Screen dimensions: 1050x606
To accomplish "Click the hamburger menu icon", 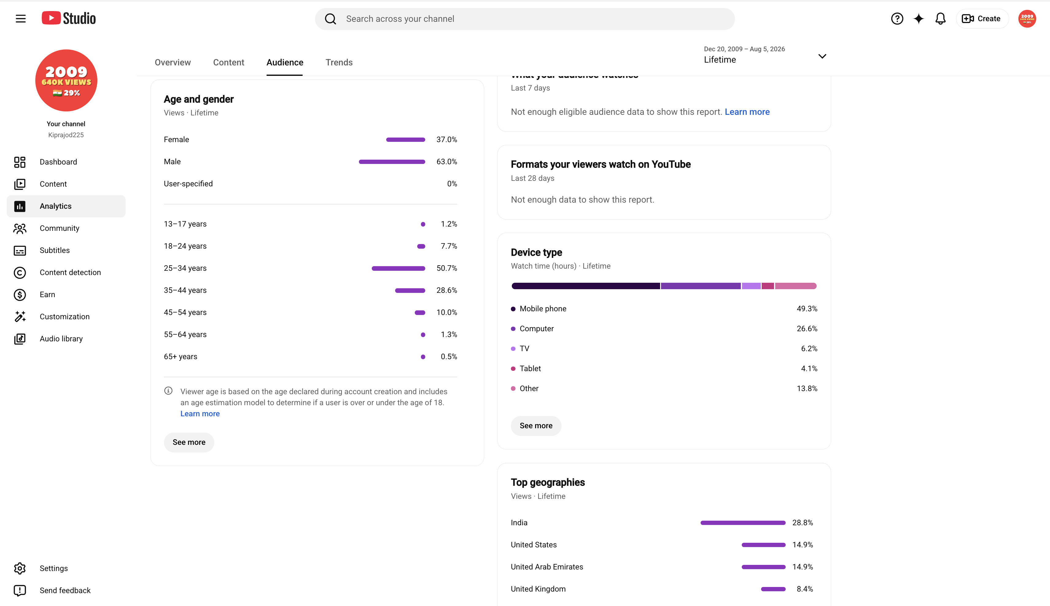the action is (20, 19).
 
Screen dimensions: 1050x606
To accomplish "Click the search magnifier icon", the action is (330, 19).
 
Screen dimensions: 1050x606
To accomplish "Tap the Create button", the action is (982, 19).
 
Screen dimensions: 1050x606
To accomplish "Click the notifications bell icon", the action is (940, 19).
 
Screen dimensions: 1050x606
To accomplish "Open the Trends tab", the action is (339, 62).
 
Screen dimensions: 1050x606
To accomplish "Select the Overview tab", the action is (173, 62).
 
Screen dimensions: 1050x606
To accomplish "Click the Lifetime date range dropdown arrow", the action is (822, 56).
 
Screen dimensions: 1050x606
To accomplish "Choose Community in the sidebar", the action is (60, 228).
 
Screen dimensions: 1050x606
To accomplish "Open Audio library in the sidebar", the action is (61, 339).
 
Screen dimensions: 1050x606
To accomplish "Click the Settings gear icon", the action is (20, 568).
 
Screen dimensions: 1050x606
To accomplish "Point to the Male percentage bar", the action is (392, 162).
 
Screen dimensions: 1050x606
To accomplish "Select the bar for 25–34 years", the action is (398, 268).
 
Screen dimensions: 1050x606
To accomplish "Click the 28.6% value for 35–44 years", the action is (446, 290).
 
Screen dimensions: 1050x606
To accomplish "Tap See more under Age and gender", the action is (189, 442).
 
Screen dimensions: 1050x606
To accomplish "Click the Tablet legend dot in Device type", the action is (513, 369).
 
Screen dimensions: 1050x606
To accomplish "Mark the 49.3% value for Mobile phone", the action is (807, 309).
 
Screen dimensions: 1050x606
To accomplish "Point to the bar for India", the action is (743, 523).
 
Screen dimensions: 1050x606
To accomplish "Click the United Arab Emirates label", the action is (547, 567).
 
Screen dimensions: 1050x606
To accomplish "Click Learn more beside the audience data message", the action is (747, 112).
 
